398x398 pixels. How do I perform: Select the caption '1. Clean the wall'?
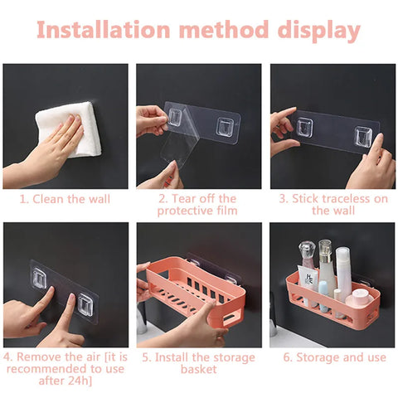coord(65,199)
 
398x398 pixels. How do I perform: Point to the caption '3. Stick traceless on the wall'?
coord(332,205)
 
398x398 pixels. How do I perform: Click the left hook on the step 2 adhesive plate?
coord(176,119)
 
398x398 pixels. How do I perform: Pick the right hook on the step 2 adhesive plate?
coord(225,126)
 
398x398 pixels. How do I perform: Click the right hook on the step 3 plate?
coord(362,136)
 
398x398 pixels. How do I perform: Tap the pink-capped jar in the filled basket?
coord(357,298)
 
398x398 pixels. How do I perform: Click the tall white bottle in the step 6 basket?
coord(342,274)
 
